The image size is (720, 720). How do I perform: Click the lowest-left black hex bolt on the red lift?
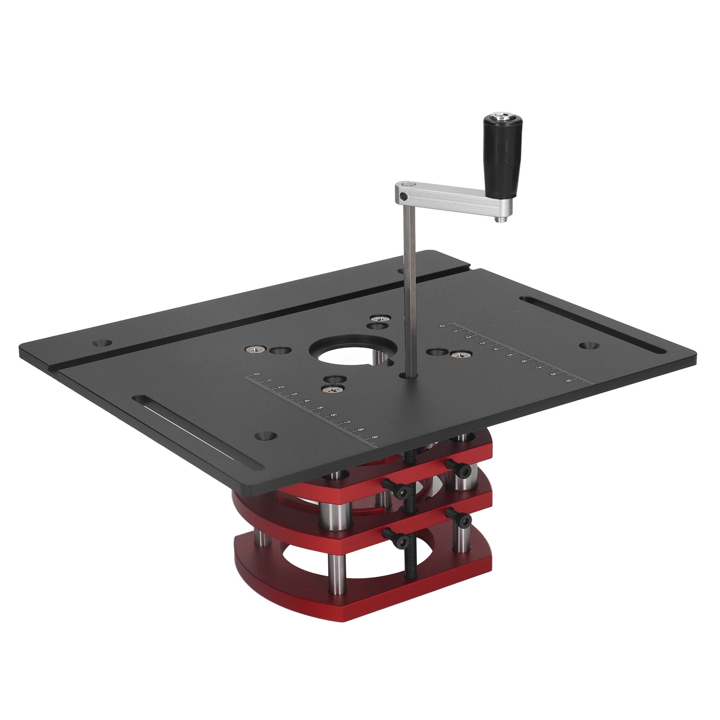[391, 534]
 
